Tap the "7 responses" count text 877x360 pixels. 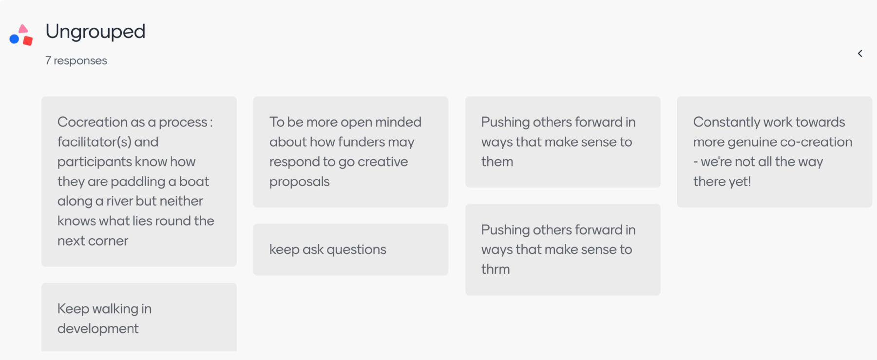(x=76, y=61)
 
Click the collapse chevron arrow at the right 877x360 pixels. (x=860, y=54)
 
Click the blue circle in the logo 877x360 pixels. (x=15, y=39)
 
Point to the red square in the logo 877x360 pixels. (x=28, y=40)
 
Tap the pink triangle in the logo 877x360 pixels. (x=23, y=29)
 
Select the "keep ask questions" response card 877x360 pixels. (x=351, y=249)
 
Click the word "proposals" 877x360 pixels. (x=300, y=182)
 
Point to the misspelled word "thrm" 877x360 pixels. (x=496, y=269)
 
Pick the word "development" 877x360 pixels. (x=98, y=329)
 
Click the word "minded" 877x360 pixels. (x=398, y=122)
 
